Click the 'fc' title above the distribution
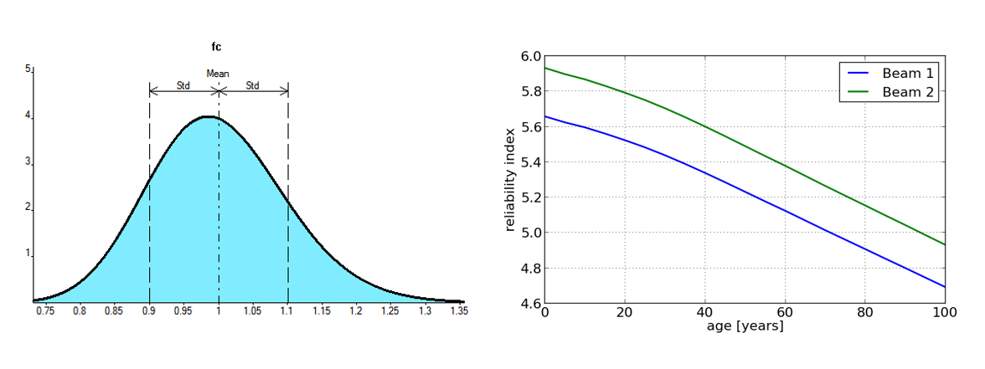click(x=216, y=47)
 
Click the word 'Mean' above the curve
click(x=218, y=74)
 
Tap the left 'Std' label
click(x=183, y=85)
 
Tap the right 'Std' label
click(x=252, y=85)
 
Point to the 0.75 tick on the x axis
click(x=44, y=311)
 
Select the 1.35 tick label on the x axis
click(x=459, y=311)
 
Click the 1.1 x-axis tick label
click(x=287, y=311)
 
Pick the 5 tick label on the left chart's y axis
click(x=28, y=69)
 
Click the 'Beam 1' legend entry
click(x=908, y=74)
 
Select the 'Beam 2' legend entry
click(x=908, y=92)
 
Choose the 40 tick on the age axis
click(x=704, y=312)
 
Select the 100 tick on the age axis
click(x=945, y=312)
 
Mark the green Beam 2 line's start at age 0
click(x=545, y=68)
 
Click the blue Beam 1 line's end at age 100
click(x=945, y=287)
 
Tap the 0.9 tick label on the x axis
click(x=149, y=311)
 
